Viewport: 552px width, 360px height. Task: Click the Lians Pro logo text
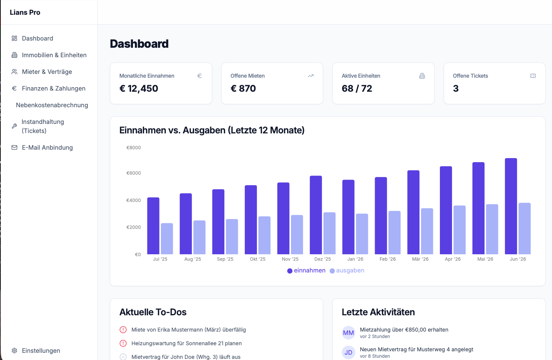point(25,13)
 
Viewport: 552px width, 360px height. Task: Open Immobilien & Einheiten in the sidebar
point(54,55)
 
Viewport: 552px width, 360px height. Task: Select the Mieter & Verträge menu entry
point(47,72)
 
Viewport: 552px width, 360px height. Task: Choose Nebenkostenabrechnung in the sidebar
point(52,105)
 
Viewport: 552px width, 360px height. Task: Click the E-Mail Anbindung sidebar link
point(47,147)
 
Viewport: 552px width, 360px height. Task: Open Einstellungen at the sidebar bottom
point(41,351)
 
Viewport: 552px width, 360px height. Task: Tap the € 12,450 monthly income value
point(139,88)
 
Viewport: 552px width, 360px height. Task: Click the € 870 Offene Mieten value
point(243,88)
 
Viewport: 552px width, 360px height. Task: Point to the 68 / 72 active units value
point(357,88)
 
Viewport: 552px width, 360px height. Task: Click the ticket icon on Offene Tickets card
point(533,76)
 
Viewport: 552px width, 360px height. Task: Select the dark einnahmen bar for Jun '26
point(511,206)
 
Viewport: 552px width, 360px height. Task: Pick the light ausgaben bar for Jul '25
point(167,239)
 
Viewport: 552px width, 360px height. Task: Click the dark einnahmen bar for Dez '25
point(316,215)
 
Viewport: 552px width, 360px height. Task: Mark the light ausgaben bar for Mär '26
point(427,231)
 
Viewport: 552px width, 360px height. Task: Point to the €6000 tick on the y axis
point(133,173)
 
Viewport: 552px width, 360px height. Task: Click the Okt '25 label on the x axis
point(258,259)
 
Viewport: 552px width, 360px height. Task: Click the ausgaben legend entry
point(347,271)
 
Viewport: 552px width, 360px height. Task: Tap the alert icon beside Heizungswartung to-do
point(123,343)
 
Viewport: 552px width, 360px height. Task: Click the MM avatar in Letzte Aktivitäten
point(348,333)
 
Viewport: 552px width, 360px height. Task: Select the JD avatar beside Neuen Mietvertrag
point(348,352)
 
